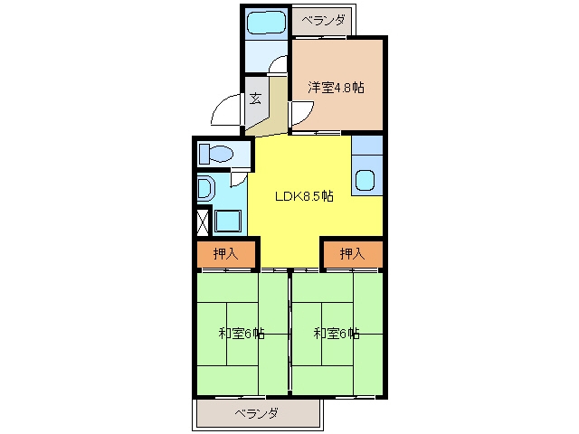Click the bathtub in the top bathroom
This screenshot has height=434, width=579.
tap(266, 24)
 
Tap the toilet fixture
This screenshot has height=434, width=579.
tap(216, 154)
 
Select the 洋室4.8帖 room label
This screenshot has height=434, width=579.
tap(336, 88)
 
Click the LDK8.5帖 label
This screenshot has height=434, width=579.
tap(304, 196)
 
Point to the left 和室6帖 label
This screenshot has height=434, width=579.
tap(242, 334)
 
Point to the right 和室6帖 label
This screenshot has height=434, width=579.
tap(337, 334)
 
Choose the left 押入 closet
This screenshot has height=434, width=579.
tap(226, 253)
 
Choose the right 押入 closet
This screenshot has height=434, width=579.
tap(353, 253)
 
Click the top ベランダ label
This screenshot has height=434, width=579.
tap(324, 20)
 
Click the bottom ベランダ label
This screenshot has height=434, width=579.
tap(257, 413)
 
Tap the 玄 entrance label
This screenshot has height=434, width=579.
tap(255, 99)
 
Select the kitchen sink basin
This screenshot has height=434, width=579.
tap(365, 180)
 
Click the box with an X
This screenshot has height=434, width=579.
tap(203, 222)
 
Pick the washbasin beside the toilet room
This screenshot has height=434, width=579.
tap(205, 189)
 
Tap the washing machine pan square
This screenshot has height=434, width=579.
tap(228, 221)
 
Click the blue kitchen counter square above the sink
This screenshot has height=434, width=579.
tap(367, 145)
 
